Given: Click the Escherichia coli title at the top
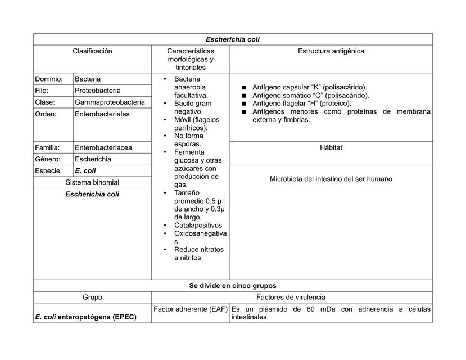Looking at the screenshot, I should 233,39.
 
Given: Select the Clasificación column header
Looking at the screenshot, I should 92,51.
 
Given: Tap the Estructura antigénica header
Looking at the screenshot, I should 331,51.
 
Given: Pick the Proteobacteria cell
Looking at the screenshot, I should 98,91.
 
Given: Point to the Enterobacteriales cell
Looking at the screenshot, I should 102,114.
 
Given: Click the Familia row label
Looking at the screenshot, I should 47,148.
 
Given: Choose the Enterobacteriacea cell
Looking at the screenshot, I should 103,148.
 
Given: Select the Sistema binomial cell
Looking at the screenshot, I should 92,182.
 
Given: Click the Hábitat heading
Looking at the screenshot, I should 331,147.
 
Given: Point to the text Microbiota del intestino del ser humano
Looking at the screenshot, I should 331,179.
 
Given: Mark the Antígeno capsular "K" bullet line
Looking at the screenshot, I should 310,87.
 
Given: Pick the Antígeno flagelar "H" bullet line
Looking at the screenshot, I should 302,103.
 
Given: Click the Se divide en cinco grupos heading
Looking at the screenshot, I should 233,286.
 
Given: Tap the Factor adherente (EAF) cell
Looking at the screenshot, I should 190,309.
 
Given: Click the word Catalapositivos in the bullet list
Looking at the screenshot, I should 198,225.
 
